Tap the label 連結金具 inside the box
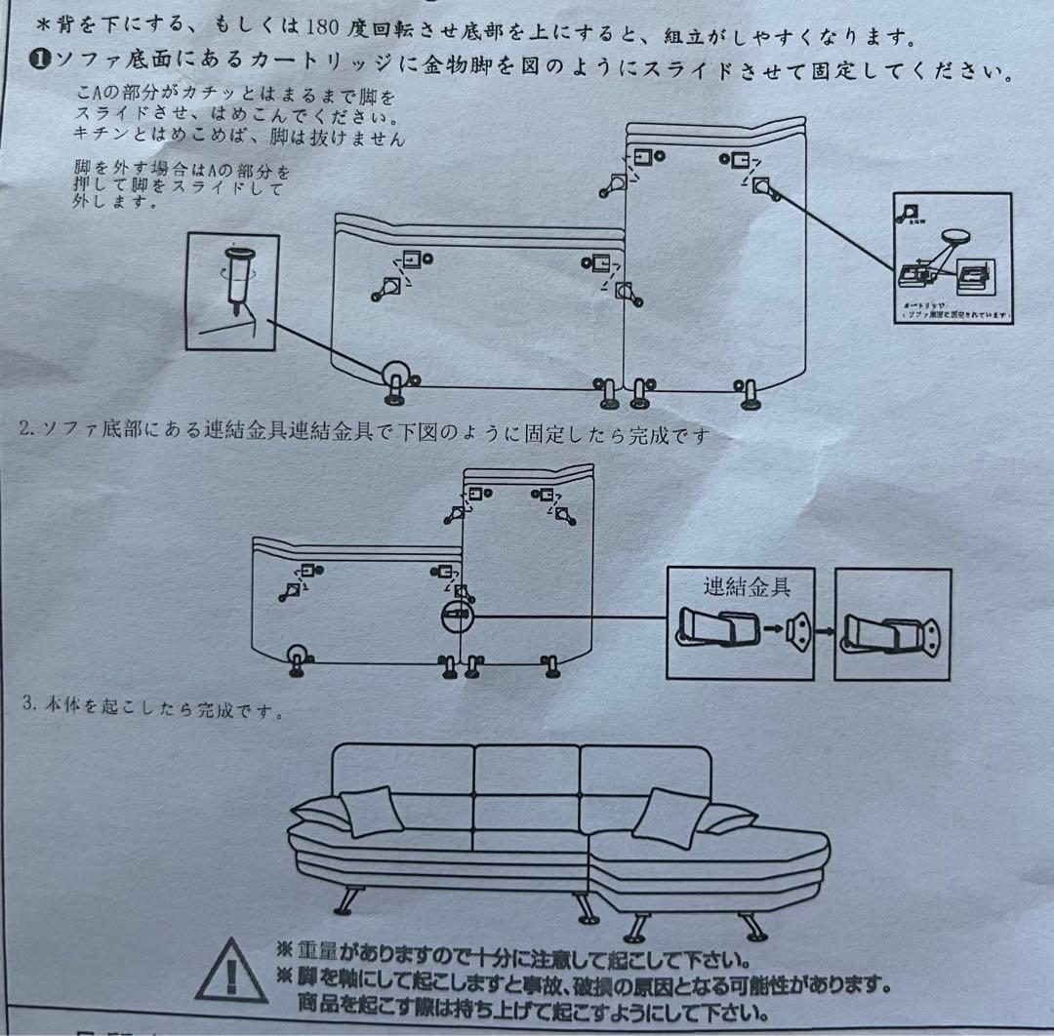click(x=746, y=586)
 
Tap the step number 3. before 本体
click(x=29, y=704)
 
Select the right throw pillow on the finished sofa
click(x=670, y=816)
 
